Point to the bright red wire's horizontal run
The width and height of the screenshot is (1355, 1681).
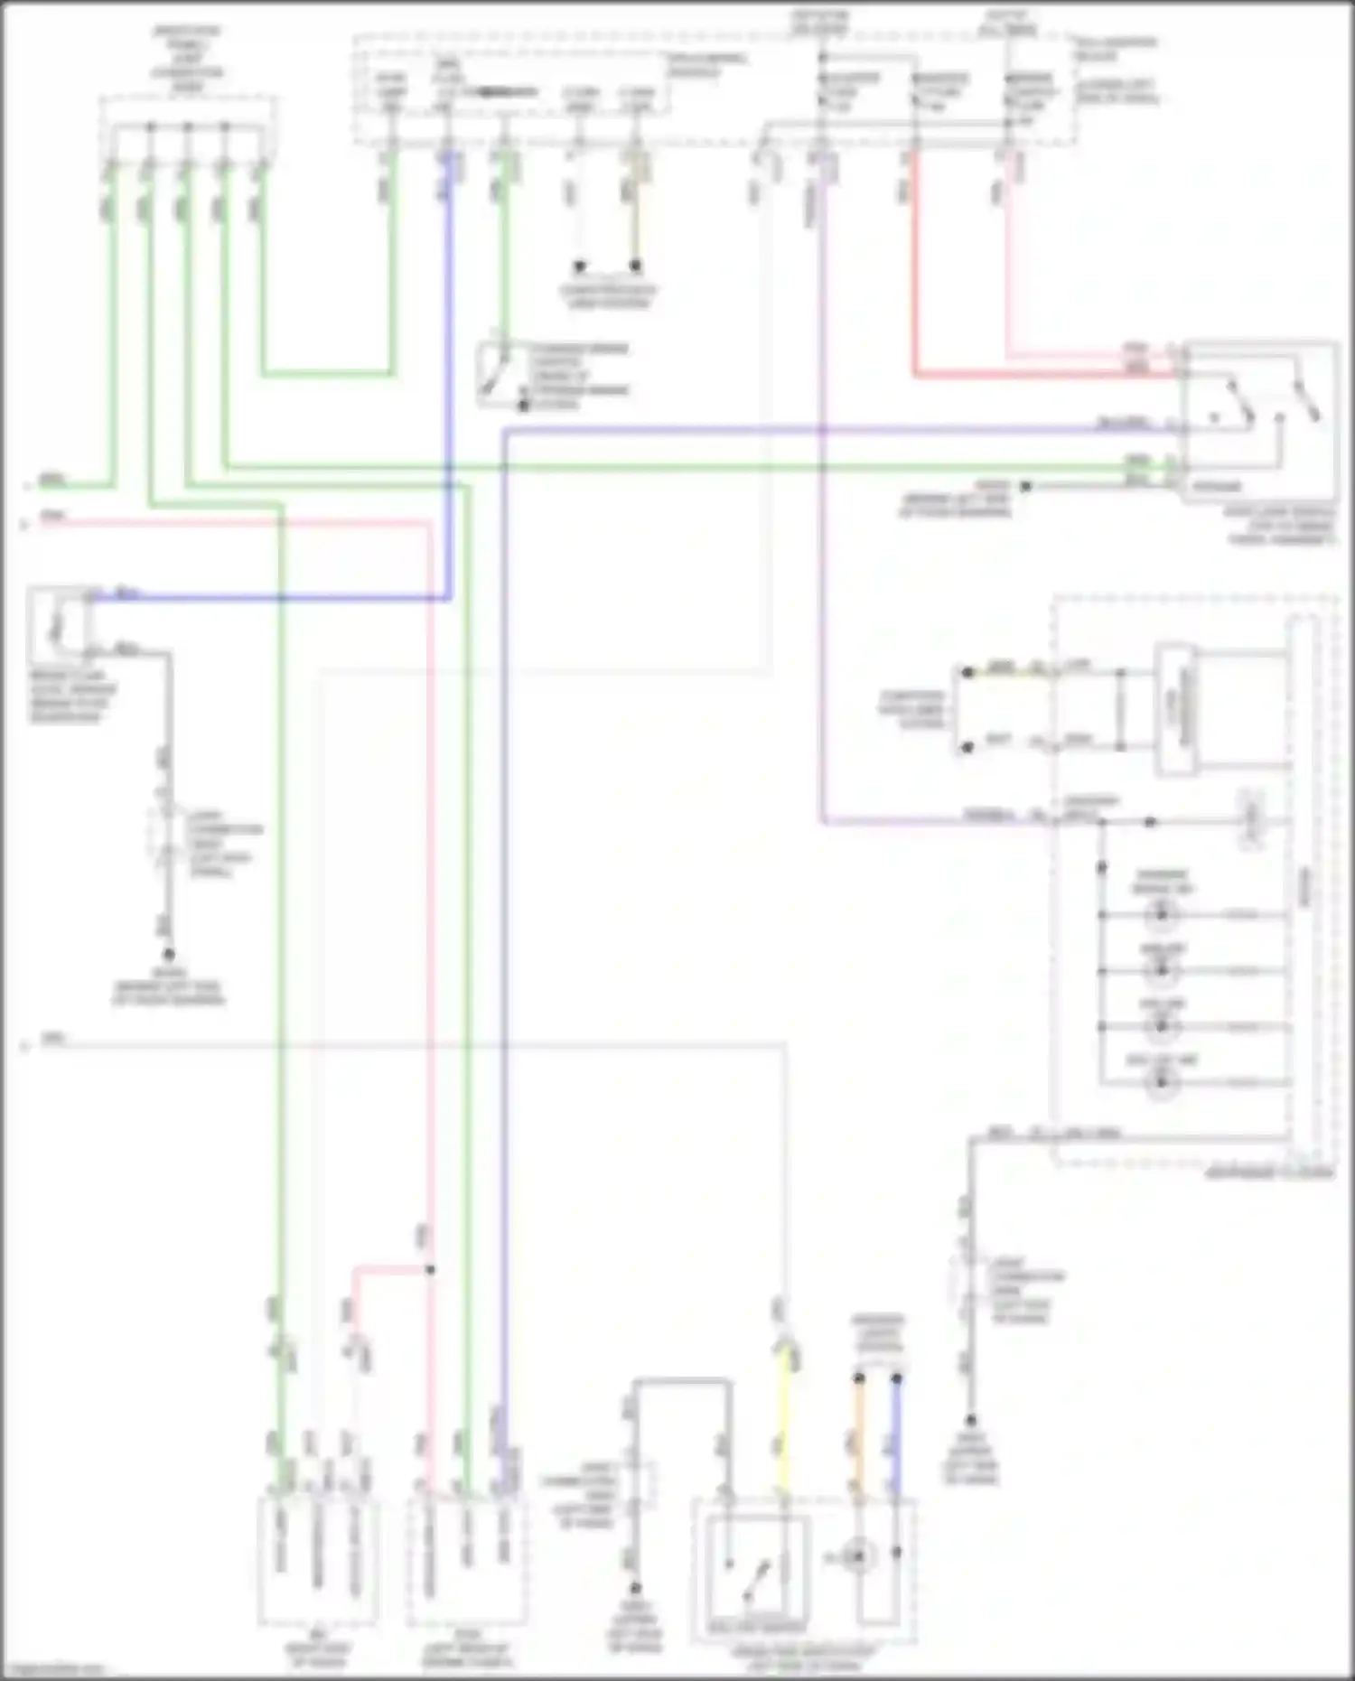click(1039, 373)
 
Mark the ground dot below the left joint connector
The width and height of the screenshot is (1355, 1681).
click(168, 954)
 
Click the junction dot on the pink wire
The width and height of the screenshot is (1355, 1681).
click(430, 1269)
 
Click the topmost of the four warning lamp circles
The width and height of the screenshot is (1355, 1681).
click(1161, 914)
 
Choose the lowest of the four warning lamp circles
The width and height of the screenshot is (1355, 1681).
click(1161, 1082)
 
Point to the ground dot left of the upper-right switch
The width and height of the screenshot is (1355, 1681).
click(1025, 486)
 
